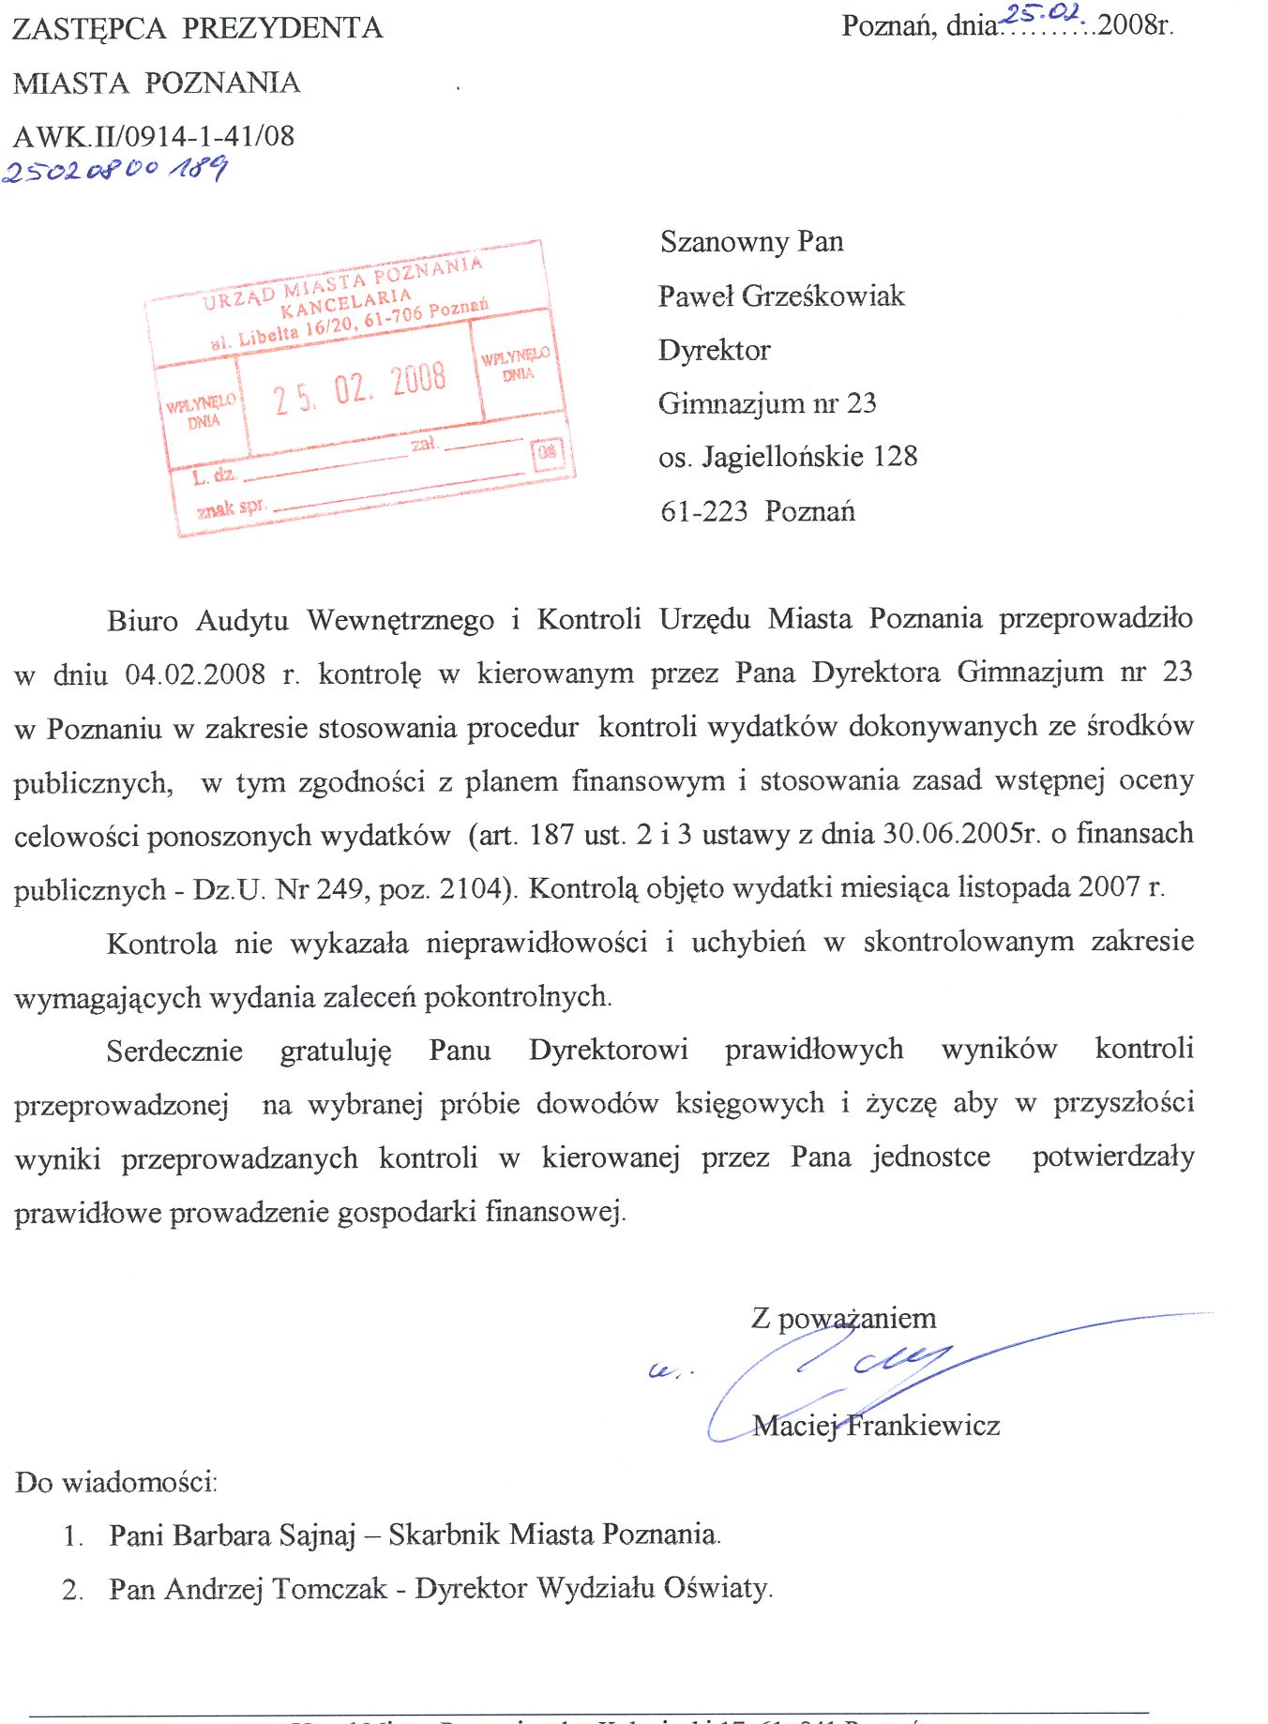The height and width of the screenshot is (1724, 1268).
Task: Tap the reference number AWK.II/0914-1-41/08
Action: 154,137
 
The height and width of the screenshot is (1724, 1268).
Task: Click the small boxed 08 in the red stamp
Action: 548,452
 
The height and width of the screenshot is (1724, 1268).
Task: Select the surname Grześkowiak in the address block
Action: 823,296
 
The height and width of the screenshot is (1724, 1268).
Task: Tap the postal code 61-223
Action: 703,512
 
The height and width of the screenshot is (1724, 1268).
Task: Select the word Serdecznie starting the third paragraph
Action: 174,1051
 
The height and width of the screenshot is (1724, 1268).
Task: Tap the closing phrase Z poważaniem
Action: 843,1319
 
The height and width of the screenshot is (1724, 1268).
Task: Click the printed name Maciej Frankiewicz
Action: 876,1427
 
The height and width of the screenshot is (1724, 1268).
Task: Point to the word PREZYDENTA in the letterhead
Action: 282,28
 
